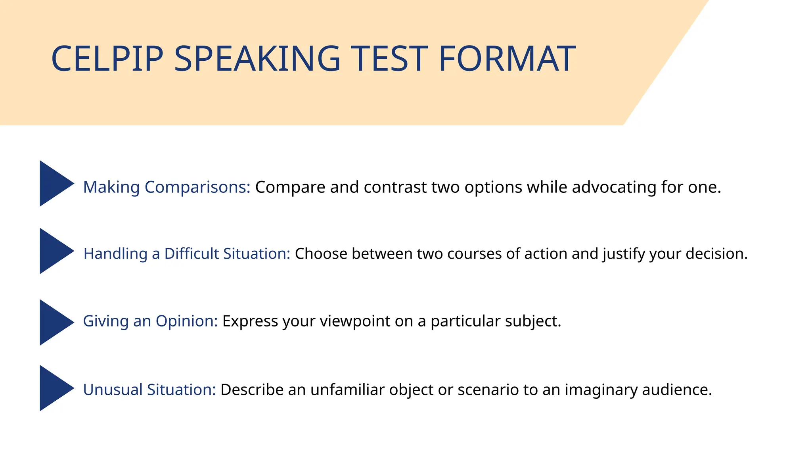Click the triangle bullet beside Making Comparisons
pos(54,183)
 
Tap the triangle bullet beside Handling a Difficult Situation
pos(54,251)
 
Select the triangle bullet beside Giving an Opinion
pos(54,322)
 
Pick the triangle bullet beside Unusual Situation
pos(54,388)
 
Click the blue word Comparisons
pos(197,187)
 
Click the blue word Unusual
pos(113,390)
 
